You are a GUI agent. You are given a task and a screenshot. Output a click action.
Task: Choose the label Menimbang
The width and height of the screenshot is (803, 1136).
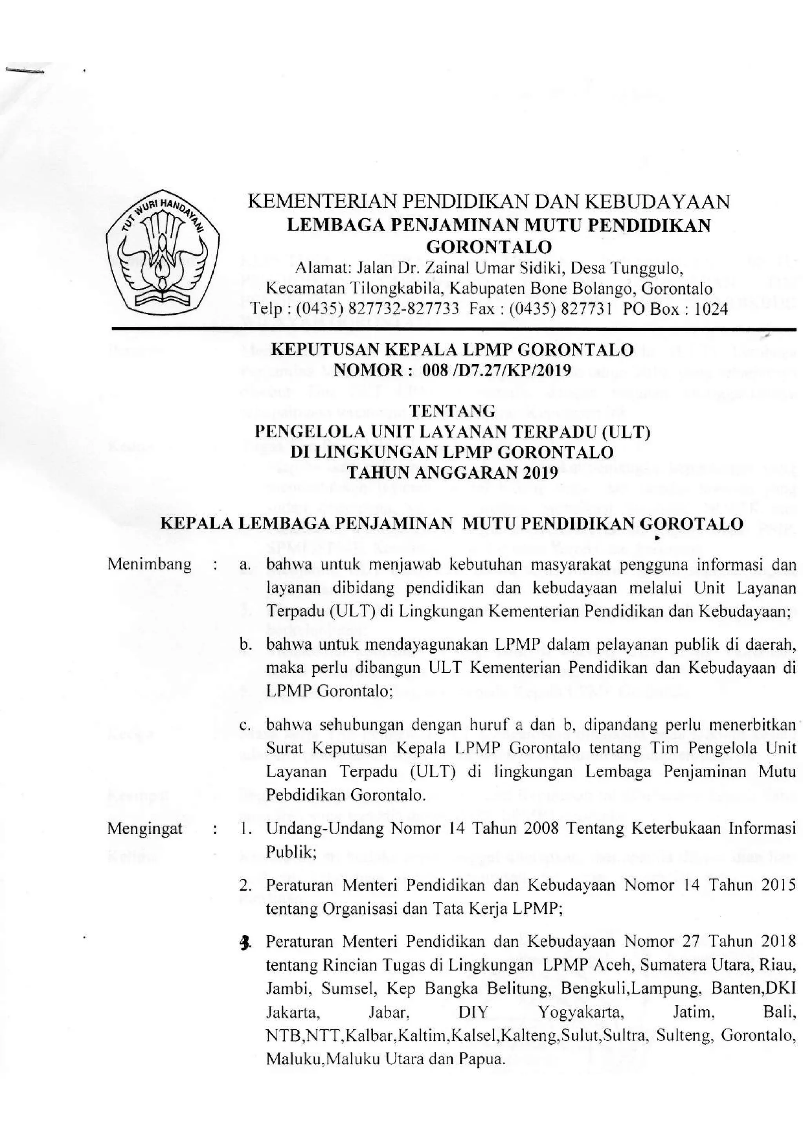pyautogui.click(x=149, y=565)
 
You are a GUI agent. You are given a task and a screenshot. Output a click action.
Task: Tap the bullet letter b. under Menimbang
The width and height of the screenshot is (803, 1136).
pyautogui.click(x=243, y=645)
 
